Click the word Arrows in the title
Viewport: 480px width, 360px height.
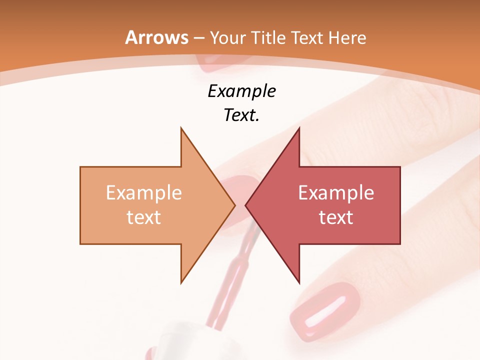click(x=156, y=37)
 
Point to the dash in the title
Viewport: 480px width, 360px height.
click(x=199, y=38)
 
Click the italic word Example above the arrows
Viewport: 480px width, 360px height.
click(x=241, y=91)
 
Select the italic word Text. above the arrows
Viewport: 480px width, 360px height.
click(x=241, y=115)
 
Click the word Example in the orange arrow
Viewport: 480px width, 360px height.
click(x=143, y=192)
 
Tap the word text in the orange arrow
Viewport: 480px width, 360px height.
click(x=143, y=217)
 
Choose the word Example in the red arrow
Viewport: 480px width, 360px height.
click(x=336, y=192)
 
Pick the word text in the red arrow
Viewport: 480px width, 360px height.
click(x=336, y=217)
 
